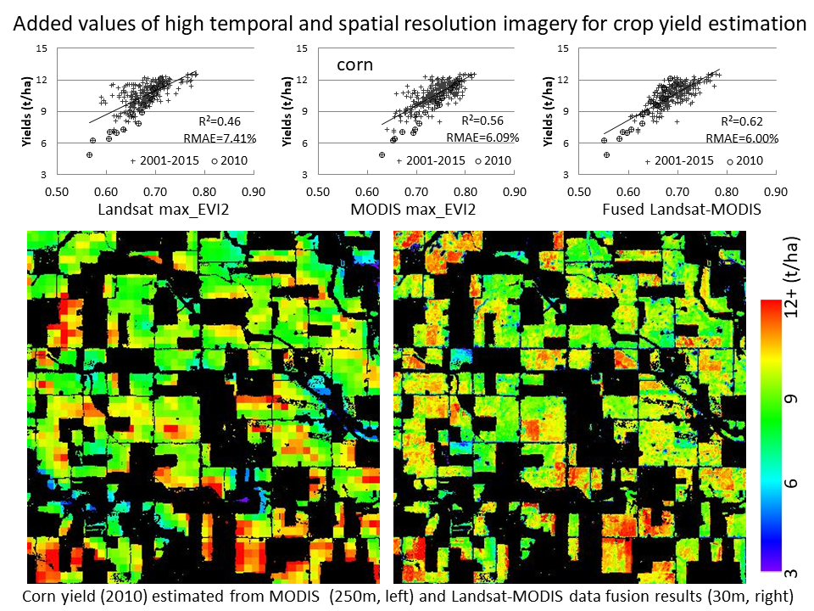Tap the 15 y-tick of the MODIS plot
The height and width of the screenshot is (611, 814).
(x=303, y=48)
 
